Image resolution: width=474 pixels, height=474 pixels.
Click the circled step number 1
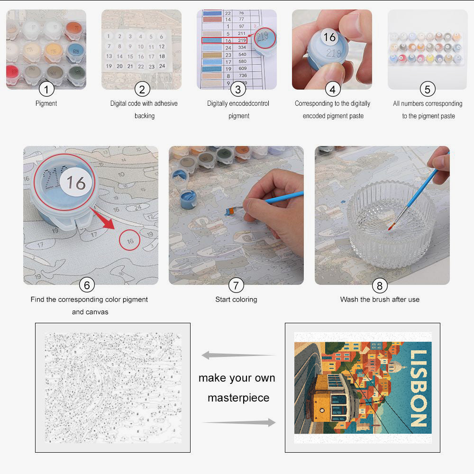[x=46, y=89]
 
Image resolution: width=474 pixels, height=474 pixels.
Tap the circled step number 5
[x=428, y=89]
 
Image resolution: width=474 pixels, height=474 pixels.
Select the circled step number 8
[x=379, y=285]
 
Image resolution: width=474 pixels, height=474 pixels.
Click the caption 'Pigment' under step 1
[x=46, y=103]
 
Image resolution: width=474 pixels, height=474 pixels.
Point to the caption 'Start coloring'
[x=236, y=300]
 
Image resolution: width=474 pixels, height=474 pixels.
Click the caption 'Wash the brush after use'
[x=380, y=300]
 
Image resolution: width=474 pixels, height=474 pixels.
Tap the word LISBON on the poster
[x=418, y=388]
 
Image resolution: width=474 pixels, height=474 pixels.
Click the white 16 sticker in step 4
[x=329, y=37]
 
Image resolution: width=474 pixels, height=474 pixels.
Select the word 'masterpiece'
[x=238, y=398]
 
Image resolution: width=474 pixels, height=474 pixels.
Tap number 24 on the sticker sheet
[x=162, y=66]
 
